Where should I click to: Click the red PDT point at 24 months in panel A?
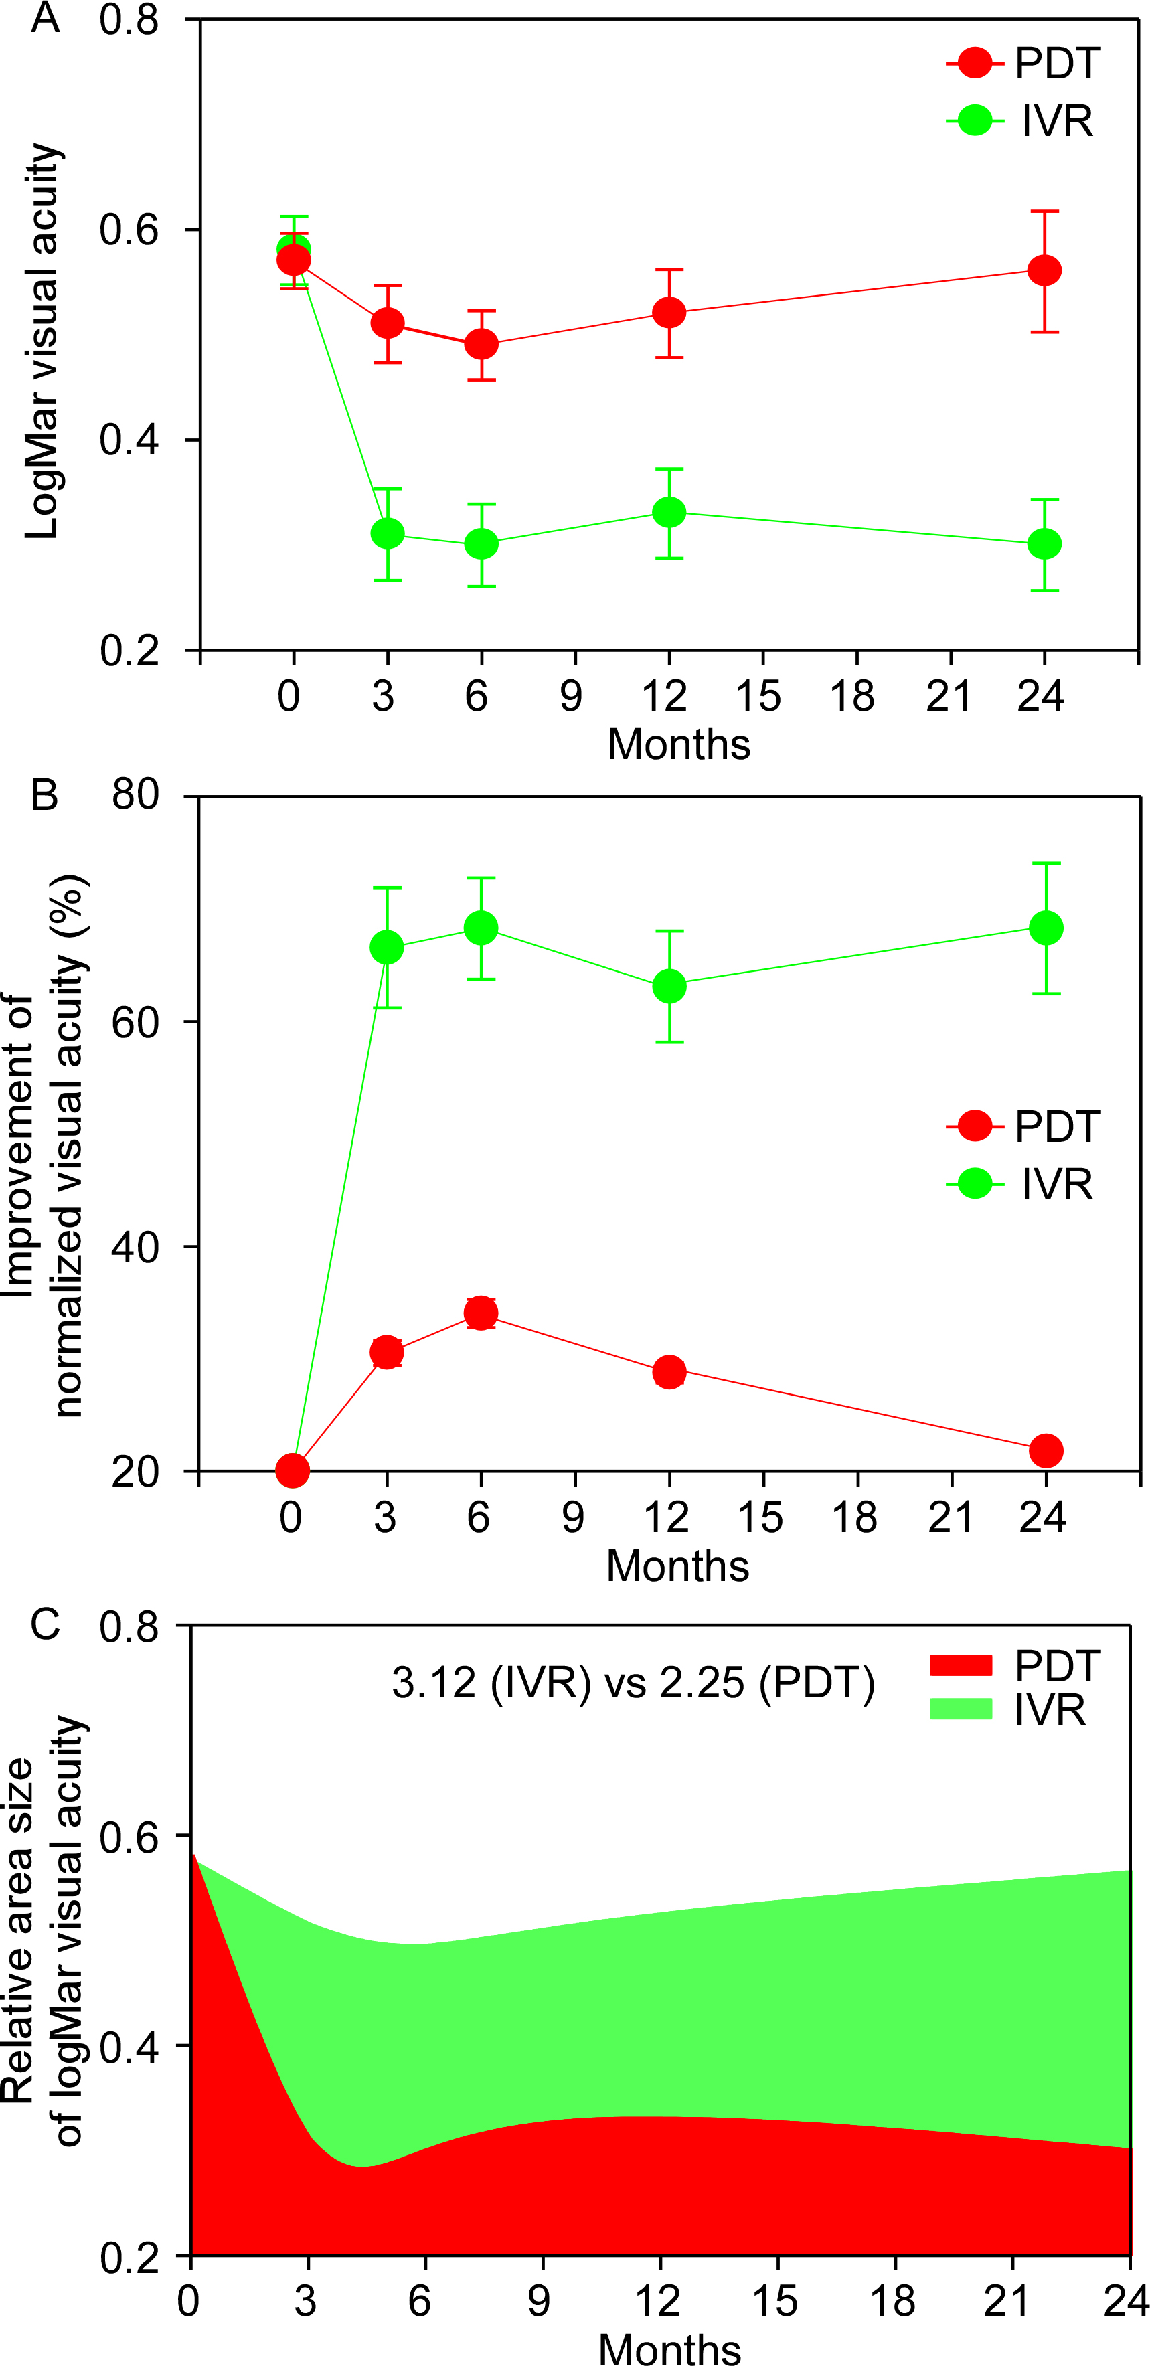coord(1044,271)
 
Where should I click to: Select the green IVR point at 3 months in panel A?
coord(388,533)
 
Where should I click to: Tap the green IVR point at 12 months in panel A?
coord(669,511)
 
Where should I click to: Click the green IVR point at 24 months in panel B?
coord(1046,928)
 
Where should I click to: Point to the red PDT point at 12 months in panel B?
coord(669,1372)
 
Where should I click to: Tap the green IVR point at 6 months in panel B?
coord(481,928)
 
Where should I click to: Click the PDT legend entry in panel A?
coord(1024,64)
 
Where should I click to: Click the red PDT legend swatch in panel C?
coord(961,1666)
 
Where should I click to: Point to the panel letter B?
coord(44,795)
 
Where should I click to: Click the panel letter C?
coord(44,1625)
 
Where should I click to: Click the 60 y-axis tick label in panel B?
coord(136,1022)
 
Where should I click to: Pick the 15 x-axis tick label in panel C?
coord(774,2302)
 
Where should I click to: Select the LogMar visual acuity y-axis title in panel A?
coord(42,340)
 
